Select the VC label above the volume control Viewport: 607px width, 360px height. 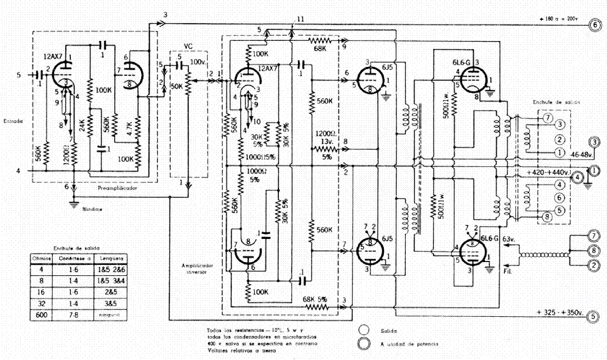188,46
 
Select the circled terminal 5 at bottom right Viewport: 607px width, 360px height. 594,314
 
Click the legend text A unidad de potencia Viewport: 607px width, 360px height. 410,343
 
